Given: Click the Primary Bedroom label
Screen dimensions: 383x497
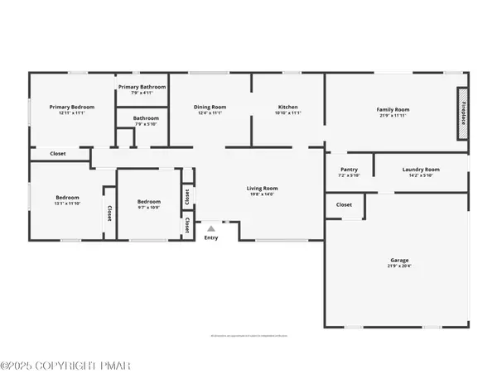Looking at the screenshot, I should click(71, 107).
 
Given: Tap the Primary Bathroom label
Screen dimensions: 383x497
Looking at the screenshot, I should click(142, 87).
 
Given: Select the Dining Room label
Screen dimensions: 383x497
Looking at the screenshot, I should click(210, 107).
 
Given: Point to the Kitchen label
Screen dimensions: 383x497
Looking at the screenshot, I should click(287, 107).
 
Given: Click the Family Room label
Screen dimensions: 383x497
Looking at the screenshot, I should click(393, 109).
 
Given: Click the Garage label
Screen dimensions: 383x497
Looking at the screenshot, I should click(399, 261).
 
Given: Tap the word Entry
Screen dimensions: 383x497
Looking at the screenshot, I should click(211, 237).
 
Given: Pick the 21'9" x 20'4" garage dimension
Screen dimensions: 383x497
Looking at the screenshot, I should click(399, 267).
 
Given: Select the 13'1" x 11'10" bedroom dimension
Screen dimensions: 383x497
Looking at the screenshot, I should click(67, 203).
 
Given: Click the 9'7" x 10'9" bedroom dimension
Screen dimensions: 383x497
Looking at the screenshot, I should click(148, 207).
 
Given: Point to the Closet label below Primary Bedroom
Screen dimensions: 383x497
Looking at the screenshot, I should click(58, 153).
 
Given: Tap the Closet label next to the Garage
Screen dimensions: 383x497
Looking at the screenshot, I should click(344, 204).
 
